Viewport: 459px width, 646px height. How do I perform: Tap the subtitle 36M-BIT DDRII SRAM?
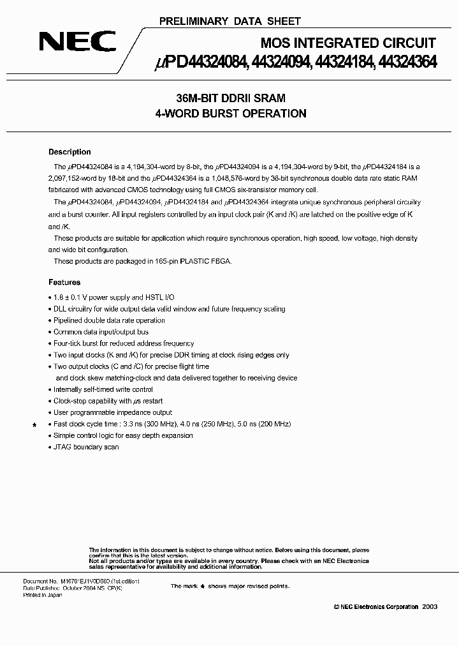tap(231, 98)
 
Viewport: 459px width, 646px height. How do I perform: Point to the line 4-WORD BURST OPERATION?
tap(231, 114)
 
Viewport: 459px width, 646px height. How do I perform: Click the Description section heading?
tap(69, 152)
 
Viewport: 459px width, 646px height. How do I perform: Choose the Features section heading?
tap(64, 282)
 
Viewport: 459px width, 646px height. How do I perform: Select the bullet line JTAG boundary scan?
tap(86, 447)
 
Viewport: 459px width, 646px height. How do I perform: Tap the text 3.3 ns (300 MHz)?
tap(165, 424)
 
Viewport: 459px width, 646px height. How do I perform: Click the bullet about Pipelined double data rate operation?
tap(109, 320)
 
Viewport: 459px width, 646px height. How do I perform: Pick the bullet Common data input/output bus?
tap(101, 332)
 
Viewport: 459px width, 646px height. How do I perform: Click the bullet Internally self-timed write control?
tap(103, 389)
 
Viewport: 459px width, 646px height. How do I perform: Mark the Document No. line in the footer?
tap(82, 582)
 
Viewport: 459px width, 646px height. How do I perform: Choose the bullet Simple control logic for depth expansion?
tap(123, 435)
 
